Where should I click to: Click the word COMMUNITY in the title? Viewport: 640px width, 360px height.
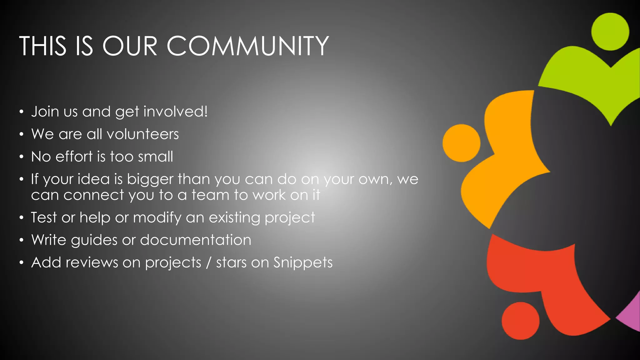[247, 46]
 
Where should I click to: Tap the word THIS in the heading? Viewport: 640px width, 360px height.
[43, 46]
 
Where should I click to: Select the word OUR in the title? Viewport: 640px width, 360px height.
[130, 46]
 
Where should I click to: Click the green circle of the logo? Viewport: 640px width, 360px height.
[610, 32]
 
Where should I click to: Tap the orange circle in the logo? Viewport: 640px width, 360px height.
[461, 143]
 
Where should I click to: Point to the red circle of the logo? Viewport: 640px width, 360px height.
[520, 321]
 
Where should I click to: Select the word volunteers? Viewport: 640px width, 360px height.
[142, 134]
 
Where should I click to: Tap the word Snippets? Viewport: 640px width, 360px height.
[303, 262]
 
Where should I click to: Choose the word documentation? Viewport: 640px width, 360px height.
[196, 240]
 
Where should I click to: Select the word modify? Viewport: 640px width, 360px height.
[157, 217]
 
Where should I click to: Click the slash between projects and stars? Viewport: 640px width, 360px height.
[209, 262]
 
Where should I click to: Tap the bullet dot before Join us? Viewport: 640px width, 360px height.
[21, 112]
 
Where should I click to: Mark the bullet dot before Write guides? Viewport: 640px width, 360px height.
[21, 240]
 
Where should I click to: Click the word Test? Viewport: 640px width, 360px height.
[44, 217]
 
